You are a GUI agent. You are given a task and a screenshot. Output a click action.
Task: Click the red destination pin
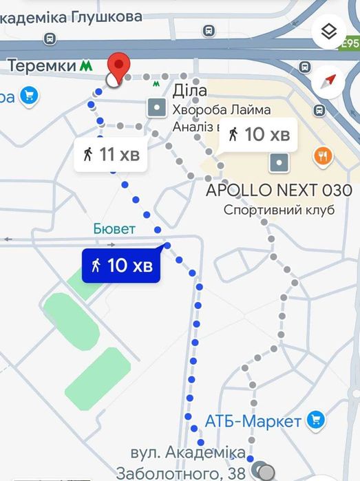point(120,67)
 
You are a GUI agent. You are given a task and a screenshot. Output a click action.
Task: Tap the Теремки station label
point(41,65)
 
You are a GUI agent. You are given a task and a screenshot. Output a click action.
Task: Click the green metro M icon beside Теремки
point(86,66)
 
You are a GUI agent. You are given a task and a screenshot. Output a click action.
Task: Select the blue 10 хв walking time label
point(121,265)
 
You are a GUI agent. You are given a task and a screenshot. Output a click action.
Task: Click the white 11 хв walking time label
point(112,155)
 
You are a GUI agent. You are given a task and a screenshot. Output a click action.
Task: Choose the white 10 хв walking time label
point(258,134)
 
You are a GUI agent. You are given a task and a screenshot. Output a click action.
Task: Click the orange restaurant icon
point(323,156)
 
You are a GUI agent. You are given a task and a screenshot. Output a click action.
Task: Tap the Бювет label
point(115,228)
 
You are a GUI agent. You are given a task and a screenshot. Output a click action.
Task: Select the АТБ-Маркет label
point(253,421)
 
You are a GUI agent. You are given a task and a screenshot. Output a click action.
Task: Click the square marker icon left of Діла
point(158,107)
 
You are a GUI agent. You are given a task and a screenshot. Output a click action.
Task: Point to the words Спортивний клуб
point(279,210)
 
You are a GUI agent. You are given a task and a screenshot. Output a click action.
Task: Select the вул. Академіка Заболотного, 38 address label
point(188,463)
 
